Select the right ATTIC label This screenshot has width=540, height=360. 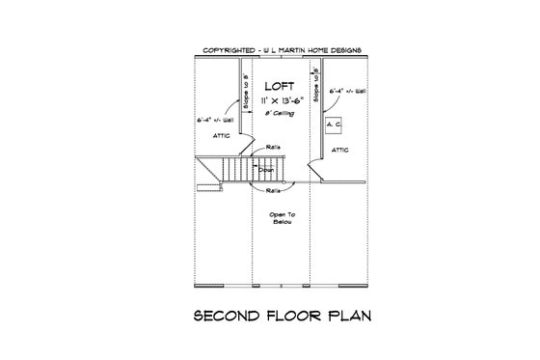click(x=340, y=151)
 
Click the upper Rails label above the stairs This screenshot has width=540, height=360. click(x=273, y=147)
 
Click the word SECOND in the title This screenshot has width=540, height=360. click(x=227, y=316)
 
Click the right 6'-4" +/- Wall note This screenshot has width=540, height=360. click(x=347, y=92)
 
